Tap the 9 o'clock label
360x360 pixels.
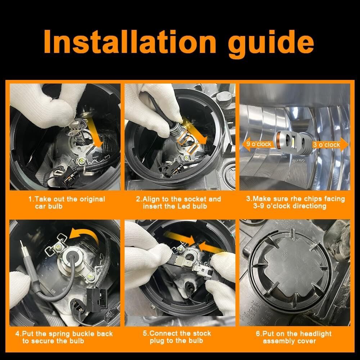(x=259, y=144)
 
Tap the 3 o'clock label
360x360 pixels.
(x=326, y=145)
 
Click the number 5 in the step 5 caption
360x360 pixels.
(x=145, y=333)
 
